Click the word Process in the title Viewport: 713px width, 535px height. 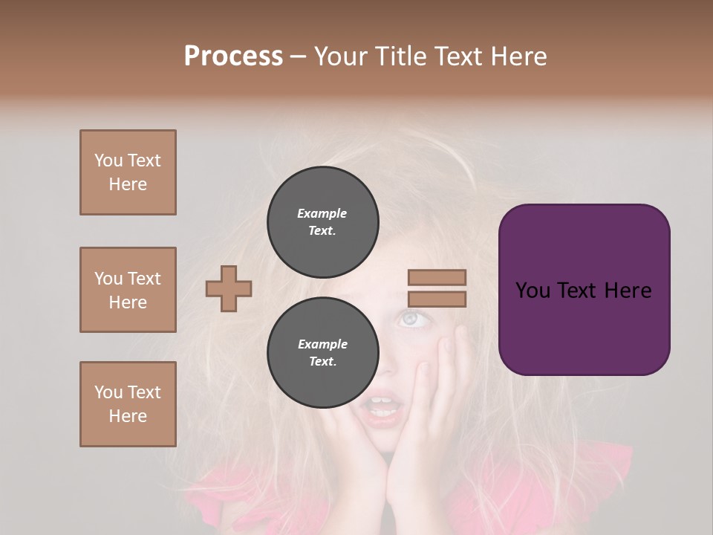click(233, 56)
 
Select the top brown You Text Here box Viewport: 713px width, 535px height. click(128, 172)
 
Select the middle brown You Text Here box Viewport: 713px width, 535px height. click(128, 290)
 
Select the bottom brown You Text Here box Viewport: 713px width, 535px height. click(128, 404)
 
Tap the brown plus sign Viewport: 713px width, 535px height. click(229, 288)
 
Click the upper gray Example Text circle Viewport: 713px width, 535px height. click(322, 222)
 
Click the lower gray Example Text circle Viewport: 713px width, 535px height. click(322, 353)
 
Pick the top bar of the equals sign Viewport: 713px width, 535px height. click(437, 278)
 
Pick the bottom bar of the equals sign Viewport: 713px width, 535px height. click(437, 299)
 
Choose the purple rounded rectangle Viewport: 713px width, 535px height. click(584, 290)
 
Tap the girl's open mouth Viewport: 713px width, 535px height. click(383, 407)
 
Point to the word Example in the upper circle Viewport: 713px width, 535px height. click(322, 213)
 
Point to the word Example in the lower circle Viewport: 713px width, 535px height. click(322, 344)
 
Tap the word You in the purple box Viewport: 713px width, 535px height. click(533, 291)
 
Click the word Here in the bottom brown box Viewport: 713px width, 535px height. click(128, 416)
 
